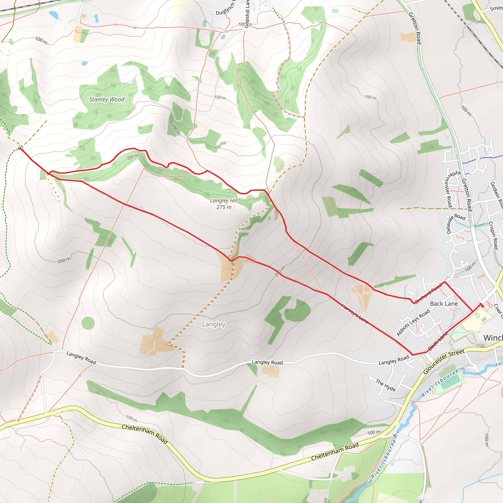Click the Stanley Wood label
click(x=107, y=99)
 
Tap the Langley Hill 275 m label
click(x=224, y=204)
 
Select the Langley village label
click(x=214, y=324)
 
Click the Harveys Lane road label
click(x=355, y=314)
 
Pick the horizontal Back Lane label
click(x=444, y=304)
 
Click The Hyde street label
click(x=386, y=385)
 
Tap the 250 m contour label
click(x=133, y=157)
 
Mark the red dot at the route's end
click(x=482, y=306)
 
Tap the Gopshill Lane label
click(x=247, y=12)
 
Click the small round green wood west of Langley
click(x=88, y=323)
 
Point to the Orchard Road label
click(x=428, y=293)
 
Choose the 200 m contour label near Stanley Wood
click(x=175, y=129)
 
